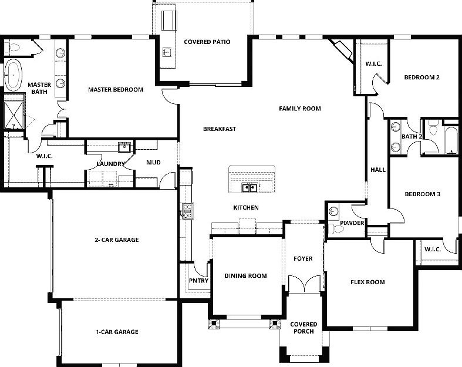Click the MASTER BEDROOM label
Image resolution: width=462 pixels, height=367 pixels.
click(116, 90)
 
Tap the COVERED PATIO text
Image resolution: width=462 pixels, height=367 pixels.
click(207, 42)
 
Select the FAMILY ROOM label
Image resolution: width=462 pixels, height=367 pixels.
click(299, 109)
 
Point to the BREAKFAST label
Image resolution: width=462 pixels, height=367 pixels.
click(220, 129)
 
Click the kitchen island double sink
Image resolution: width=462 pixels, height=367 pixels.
click(251, 188)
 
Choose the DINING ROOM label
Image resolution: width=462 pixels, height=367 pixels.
click(245, 275)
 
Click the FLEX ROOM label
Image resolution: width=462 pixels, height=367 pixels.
click(367, 282)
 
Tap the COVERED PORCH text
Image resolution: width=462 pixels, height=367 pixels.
click(303, 328)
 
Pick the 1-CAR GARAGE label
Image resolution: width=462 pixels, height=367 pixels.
click(117, 332)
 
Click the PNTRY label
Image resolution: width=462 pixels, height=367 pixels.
click(198, 280)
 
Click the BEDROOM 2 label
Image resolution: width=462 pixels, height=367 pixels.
click(421, 77)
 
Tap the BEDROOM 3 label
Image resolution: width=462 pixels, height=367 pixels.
click(422, 194)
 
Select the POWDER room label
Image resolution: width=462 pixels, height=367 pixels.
click(353, 223)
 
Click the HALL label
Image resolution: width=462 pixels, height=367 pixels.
click(377, 170)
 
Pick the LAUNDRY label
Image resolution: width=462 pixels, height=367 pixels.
click(110, 164)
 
